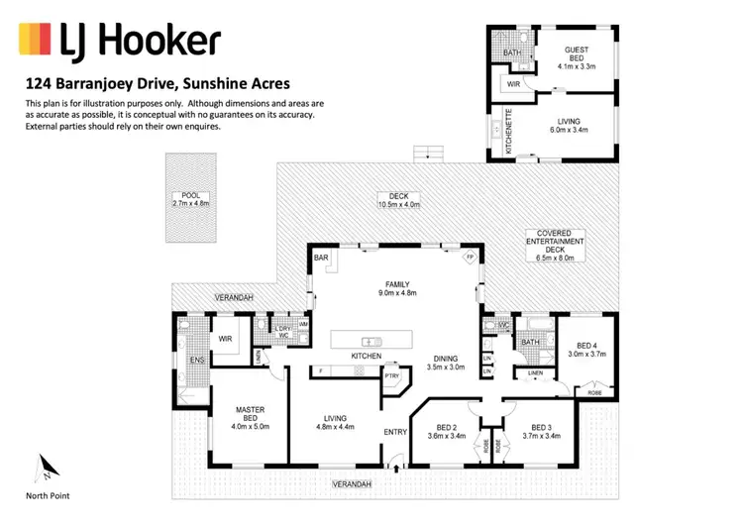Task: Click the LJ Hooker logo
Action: [x=118, y=41]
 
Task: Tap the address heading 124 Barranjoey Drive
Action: [x=156, y=85]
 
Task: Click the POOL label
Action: [x=190, y=195]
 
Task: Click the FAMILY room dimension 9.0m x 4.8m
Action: [x=396, y=292]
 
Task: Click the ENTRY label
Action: [x=395, y=432]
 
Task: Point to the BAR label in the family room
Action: [x=321, y=258]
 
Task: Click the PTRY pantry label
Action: [x=392, y=375]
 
